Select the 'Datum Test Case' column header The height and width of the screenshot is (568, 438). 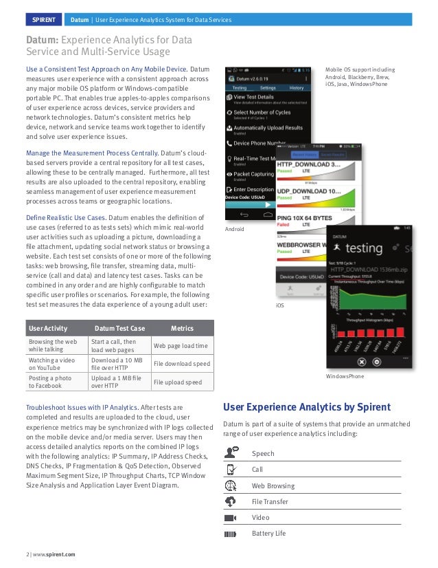tap(119, 329)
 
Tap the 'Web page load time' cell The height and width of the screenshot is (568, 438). tap(181, 346)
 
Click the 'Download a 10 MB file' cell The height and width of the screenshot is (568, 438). tap(117, 364)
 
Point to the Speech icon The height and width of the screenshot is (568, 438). tap(231, 452)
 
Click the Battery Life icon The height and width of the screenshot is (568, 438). tap(231, 534)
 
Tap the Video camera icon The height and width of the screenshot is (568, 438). tap(231, 517)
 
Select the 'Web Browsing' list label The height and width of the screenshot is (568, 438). tap(273, 485)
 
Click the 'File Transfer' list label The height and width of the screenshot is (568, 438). tap(270, 501)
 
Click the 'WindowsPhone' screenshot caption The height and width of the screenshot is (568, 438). tap(345, 377)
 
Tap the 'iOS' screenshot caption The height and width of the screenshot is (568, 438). tap(279, 304)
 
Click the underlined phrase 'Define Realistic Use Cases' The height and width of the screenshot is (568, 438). tap(65, 218)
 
